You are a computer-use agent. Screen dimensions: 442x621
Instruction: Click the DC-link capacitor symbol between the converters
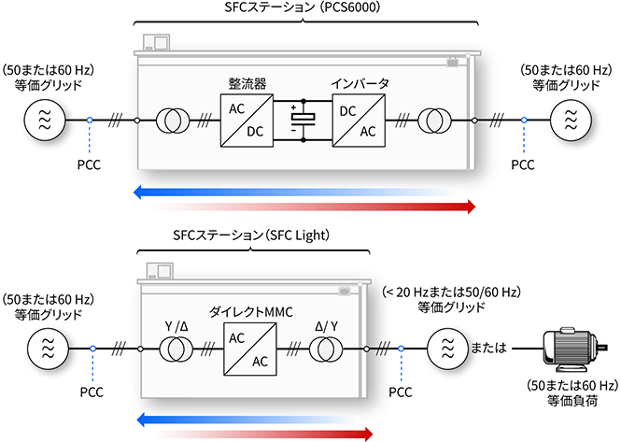coord(302,121)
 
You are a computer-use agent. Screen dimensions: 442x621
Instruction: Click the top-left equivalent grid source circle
coord(43,121)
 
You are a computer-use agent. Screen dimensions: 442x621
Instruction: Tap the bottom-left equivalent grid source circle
coord(43,349)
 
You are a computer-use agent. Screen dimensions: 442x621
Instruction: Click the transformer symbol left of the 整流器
coord(173,121)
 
